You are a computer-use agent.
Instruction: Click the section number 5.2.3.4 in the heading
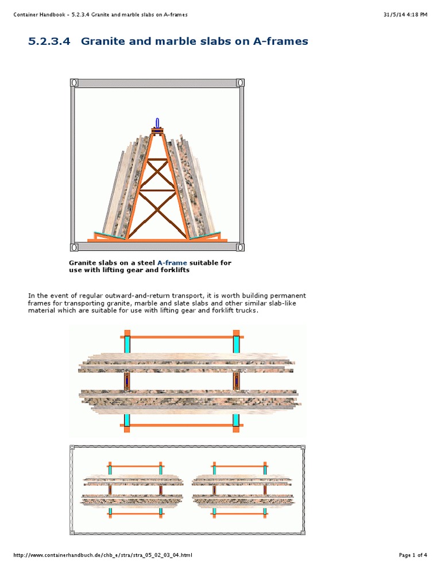51,41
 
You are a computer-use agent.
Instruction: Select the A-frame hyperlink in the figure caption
172,263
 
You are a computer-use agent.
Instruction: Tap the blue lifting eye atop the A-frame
157,123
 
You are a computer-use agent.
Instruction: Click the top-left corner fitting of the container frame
74,83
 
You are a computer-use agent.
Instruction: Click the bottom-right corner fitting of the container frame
240,247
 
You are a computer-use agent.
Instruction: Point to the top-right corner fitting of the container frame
240,83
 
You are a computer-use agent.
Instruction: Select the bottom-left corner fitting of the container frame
74,247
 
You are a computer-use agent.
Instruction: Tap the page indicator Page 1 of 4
413,555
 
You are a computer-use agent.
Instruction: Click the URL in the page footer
102,555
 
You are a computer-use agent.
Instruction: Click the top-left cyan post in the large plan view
127,345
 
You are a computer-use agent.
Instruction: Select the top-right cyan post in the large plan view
236,345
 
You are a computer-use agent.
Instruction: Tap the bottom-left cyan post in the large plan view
127,419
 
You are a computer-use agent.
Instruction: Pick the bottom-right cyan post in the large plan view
236,419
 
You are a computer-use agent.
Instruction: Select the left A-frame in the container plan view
134,488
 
